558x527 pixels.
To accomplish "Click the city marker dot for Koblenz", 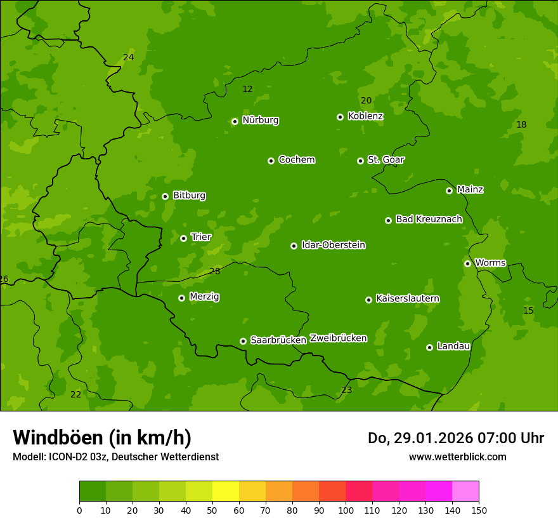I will coord(340,117).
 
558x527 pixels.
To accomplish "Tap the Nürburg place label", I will coord(260,120).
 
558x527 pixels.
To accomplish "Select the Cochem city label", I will coord(296,159).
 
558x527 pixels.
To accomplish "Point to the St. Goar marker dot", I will coord(360,161).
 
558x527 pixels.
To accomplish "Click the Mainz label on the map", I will coord(470,189).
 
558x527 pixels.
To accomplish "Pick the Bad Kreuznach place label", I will coord(429,219).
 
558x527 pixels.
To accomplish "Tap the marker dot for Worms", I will coord(467,263).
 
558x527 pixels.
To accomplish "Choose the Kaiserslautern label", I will coord(407,298).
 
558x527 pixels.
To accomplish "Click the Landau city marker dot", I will coord(429,347).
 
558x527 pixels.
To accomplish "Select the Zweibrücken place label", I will coord(338,338).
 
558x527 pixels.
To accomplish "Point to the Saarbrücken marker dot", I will coord(243,341).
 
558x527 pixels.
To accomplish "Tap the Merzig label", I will coord(204,297).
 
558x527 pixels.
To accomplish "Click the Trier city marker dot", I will coord(183,238).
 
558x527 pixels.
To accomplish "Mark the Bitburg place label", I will coord(189,196).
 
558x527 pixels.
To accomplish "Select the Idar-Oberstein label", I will coord(333,244).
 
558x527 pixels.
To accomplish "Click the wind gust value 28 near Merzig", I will coord(214,271).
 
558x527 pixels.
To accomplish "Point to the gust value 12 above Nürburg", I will coord(247,89).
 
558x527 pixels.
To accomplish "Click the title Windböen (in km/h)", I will coord(102,437).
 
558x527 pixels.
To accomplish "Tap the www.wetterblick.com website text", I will coord(457,457).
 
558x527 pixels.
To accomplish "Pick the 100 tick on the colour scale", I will coord(346,510).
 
